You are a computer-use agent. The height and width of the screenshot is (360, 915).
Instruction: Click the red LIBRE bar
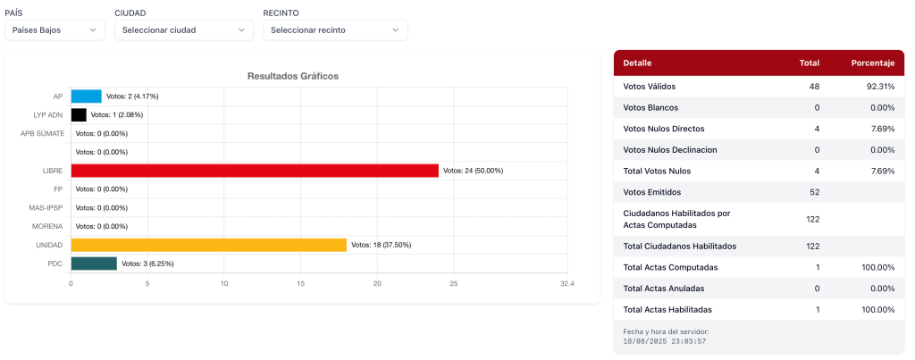[255, 171]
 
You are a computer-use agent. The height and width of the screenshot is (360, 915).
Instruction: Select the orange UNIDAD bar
[208, 245]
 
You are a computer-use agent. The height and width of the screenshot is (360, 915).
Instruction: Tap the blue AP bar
[86, 96]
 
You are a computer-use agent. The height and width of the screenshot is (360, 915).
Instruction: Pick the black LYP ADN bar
[79, 114]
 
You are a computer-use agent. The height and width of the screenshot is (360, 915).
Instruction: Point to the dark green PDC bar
[94, 264]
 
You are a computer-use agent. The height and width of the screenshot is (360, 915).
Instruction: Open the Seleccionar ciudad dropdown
[184, 30]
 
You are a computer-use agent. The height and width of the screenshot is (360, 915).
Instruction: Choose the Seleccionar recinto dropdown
[335, 30]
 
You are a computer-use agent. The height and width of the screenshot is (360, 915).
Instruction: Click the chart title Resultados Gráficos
[293, 77]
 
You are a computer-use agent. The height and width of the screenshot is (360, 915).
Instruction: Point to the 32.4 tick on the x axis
[567, 284]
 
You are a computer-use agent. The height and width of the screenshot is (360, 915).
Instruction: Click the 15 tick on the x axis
[300, 284]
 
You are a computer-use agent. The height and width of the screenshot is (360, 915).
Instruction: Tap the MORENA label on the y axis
[47, 226]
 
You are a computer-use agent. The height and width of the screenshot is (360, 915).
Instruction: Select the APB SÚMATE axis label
[43, 133]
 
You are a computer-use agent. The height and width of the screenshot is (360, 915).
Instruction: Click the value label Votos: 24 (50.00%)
[474, 171]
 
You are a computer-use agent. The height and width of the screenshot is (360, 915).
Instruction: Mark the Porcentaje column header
[872, 63]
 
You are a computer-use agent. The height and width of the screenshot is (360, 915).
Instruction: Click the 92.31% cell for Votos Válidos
[880, 87]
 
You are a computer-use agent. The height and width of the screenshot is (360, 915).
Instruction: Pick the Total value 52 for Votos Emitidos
[813, 192]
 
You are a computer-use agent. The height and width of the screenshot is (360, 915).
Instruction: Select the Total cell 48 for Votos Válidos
[813, 87]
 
